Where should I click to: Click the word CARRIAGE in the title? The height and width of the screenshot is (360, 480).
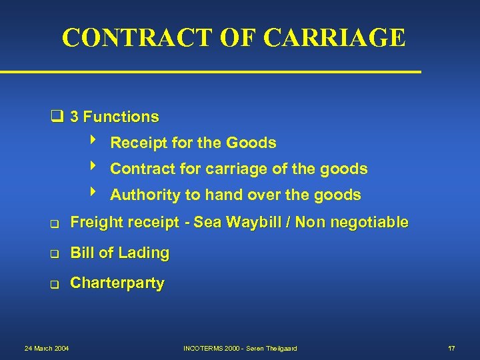(x=334, y=37)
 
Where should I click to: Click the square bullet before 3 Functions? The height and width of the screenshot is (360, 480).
(x=58, y=117)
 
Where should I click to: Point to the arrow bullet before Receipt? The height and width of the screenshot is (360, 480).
(x=93, y=141)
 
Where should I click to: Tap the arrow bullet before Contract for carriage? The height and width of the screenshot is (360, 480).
(x=93, y=167)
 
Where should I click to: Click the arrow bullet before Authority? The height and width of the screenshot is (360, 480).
(x=93, y=193)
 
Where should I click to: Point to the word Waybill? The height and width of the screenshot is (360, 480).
(x=253, y=223)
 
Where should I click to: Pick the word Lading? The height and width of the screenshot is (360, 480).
(x=147, y=253)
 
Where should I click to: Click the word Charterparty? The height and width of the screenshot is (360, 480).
(x=117, y=283)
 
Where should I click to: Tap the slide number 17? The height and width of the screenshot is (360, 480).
(x=451, y=348)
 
